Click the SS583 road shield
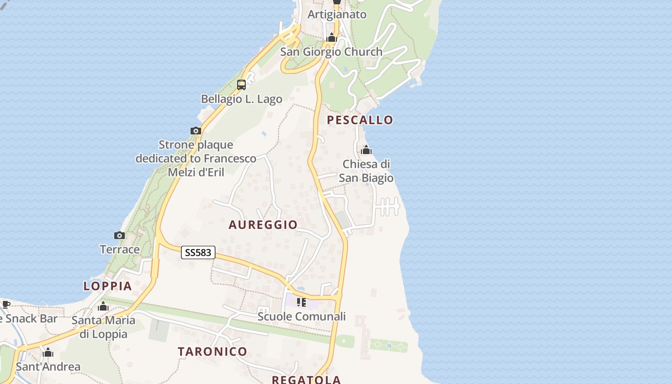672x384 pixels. click(x=198, y=252)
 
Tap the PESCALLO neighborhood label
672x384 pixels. click(x=360, y=120)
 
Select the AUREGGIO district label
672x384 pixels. click(x=263, y=225)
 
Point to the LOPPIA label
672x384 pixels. click(x=108, y=286)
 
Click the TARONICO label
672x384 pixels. click(x=212, y=351)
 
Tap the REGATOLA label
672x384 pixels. click(x=306, y=380)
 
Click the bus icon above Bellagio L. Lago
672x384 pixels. click(x=241, y=85)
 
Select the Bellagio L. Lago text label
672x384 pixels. click(x=241, y=99)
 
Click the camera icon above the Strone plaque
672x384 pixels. click(x=195, y=131)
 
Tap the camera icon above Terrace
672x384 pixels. click(x=120, y=235)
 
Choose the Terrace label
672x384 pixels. click(x=120, y=250)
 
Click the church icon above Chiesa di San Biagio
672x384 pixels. click(x=366, y=150)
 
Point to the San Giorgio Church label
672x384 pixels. click(x=331, y=52)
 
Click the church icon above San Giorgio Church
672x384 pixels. click(x=331, y=37)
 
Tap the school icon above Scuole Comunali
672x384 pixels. click(x=301, y=302)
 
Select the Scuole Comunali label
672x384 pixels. click(x=301, y=317)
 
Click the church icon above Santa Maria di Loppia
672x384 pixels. click(x=103, y=307)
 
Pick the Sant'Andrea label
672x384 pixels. click(x=48, y=367)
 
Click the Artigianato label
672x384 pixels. click(x=337, y=14)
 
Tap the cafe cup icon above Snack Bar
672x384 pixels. click(x=6, y=304)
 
